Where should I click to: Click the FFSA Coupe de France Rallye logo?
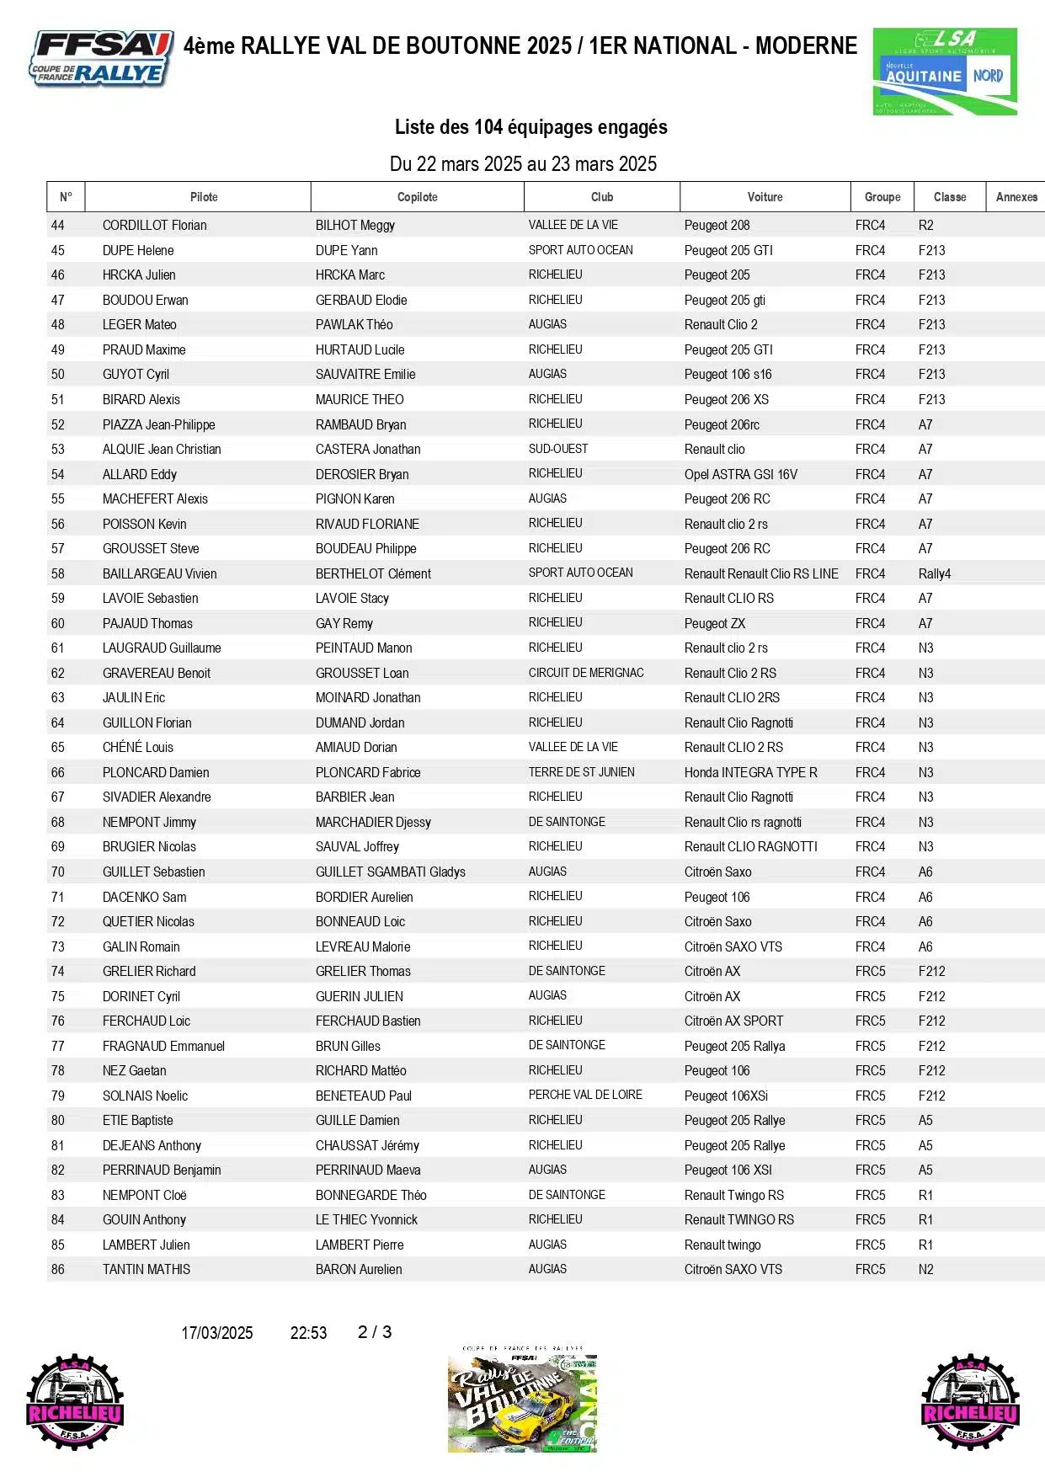(x=102, y=58)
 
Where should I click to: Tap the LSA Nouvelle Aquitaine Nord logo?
(x=945, y=71)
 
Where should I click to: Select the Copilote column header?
(x=417, y=197)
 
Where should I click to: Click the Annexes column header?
(x=1016, y=197)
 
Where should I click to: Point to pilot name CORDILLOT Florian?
(x=154, y=226)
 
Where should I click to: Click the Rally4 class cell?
(x=934, y=574)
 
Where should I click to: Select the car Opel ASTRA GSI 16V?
(x=740, y=475)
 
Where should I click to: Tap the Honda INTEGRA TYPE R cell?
(x=750, y=773)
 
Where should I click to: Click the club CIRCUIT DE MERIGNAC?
(x=586, y=673)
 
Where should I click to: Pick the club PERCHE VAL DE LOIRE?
(x=585, y=1096)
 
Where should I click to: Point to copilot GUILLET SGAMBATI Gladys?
(x=390, y=872)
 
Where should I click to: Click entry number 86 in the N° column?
(x=57, y=1270)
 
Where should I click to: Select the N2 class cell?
(x=925, y=1270)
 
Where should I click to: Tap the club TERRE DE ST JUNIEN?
(x=581, y=772)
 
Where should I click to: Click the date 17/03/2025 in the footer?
(x=216, y=1333)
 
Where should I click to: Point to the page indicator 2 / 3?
(x=375, y=1332)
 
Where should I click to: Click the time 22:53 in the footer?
(x=308, y=1333)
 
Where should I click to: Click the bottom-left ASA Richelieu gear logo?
(x=75, y=1403)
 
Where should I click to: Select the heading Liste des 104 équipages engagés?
(x=530, y=127)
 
